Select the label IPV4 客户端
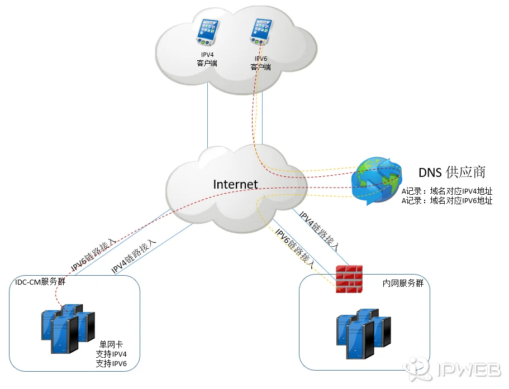pos(207,59)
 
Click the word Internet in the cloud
pos(235,184)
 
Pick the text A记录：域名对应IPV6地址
pos(446,201)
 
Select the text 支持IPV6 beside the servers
pos(111,364)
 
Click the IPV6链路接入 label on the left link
pos(94,253)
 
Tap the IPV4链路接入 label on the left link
pos(134,256)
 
